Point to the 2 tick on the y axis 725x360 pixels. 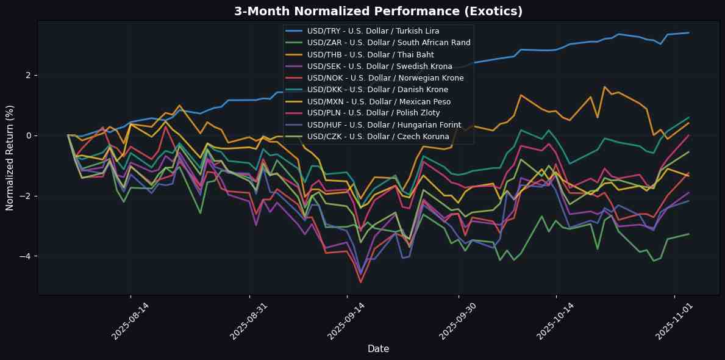click(x=28, y=75)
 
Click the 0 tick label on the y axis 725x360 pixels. click(x=28, y=135)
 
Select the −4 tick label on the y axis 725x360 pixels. click(x=25, y=256)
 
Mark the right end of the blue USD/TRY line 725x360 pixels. click(x=688, y=33)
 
